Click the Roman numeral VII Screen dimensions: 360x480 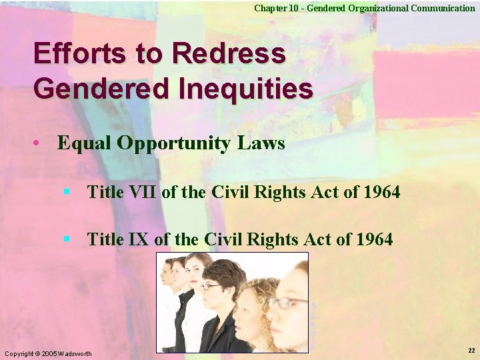tap(141, 193)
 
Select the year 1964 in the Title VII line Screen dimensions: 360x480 tap(382, 193)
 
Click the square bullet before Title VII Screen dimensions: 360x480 tap(67, 192)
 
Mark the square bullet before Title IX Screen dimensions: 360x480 tap(67, 238)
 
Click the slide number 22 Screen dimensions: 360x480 tap(471, 351)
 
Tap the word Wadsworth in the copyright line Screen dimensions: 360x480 tap(75, 353)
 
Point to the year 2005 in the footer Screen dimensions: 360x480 tap(49, 353)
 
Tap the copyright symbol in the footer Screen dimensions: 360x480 tap(37, 353)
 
